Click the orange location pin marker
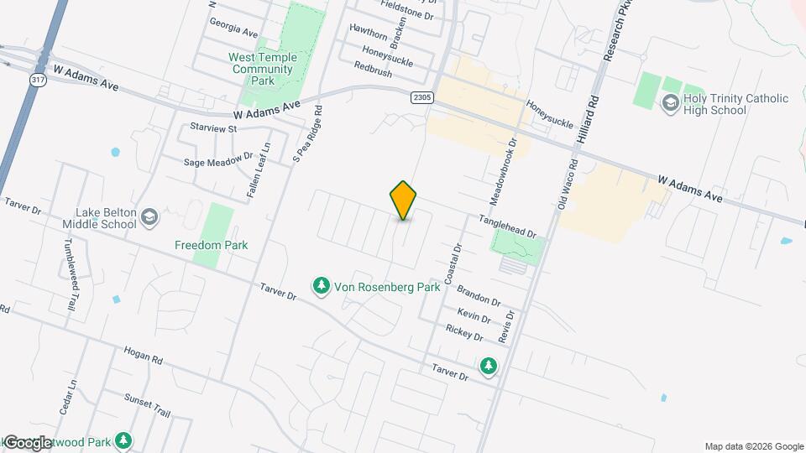point(404,200)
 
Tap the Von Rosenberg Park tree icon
point(321,287)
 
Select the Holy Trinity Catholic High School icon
point(670,104)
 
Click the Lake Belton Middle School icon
point(149,218)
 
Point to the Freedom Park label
point(211,245)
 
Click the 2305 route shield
point(423,97)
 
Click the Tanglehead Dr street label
point(507,226)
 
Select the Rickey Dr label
point(464,333)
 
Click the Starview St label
point(214,128)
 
